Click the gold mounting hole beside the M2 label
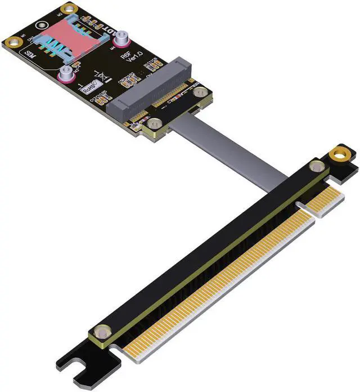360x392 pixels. pos(69,8)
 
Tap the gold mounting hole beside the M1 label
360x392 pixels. pos(12,42)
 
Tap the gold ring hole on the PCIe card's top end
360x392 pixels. pos(339,153)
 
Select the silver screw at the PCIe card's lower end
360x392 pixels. pos(101,332)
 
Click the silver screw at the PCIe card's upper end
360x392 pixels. pos(317,166)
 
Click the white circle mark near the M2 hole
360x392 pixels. pos(42,25)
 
